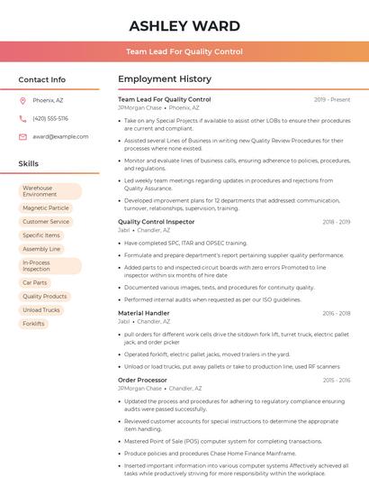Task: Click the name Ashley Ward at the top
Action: [184, 25]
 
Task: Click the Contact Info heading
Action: [42, 79]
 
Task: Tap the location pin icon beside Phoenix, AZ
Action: [22, 101]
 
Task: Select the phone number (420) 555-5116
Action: [50, 118]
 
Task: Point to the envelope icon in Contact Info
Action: [22, 136]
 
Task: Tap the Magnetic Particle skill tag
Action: [46, 207]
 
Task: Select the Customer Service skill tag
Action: [46, 221]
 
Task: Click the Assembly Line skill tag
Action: [41, 249]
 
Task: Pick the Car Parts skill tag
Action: [35, 282]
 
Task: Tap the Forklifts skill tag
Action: [33, 323]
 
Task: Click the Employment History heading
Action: [165, 79]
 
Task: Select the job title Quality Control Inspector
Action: [156, 221]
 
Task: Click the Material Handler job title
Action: [143, 313]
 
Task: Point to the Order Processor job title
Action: [142, 380]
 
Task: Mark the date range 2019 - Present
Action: [332, 99]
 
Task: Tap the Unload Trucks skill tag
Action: [41, 309]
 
